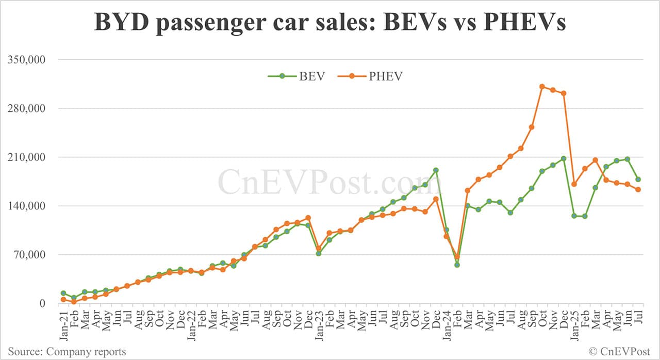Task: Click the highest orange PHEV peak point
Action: (542, 87)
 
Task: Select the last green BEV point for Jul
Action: (638, 179)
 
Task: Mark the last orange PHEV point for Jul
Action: (638, 189)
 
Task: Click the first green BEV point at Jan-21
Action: (63, 293)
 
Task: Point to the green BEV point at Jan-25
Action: (574, 216)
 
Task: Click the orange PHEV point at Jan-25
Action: (574, 184)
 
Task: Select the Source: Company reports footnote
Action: (67, 352)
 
